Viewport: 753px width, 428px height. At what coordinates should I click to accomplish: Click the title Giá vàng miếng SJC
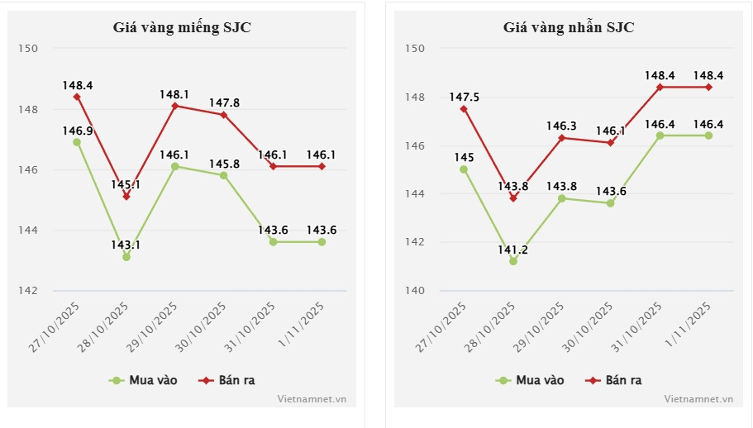click(182, 26)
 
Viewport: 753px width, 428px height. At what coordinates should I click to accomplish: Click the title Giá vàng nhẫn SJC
click(569, 26)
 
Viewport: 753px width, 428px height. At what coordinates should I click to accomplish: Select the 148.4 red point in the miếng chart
click(77, 97)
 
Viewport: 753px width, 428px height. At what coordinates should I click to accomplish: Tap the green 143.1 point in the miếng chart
click(126, 257)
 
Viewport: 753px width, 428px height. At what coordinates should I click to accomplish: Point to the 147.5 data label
click(464, 97)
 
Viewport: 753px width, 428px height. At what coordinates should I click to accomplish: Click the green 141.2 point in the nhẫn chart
click(513, 261)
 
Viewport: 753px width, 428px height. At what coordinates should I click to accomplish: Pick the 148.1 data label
click(174, 94)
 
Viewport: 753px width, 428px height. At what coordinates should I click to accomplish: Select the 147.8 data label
click(224, 102)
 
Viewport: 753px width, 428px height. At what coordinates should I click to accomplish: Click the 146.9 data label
click(77, 131)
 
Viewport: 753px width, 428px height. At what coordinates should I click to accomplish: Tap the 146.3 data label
click(562, 126)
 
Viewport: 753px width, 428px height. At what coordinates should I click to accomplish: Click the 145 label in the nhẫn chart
click(464, 157)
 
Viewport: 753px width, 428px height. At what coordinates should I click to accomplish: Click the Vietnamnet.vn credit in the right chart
click(698, 398)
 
